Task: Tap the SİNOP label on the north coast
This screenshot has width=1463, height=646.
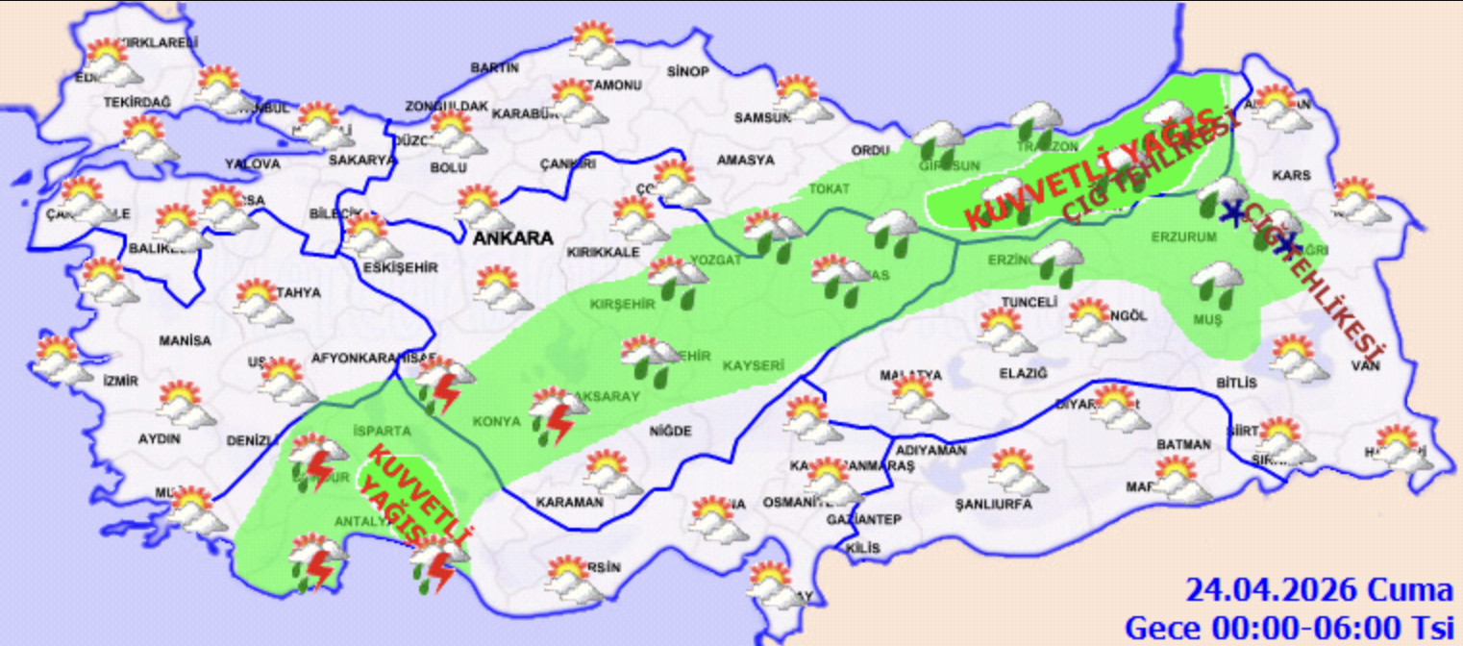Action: tap(687, 72)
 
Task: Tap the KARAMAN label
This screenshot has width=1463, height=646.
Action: tap(569, 502)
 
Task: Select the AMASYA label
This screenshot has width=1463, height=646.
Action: tap(745, 160)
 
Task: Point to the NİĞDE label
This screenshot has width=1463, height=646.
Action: tap(670, 432)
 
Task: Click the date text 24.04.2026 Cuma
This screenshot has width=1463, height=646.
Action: tap(1319, 588)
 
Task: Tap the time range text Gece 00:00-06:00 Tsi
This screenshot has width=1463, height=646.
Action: tap(1288, 627)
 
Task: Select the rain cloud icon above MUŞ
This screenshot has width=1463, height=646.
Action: tap(1217, 284)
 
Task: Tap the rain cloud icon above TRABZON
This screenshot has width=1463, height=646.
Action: tap(1036, 120)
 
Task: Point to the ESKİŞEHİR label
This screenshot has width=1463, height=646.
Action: tap(400, 268)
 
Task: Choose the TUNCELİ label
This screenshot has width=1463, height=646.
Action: tap(1029, 302)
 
